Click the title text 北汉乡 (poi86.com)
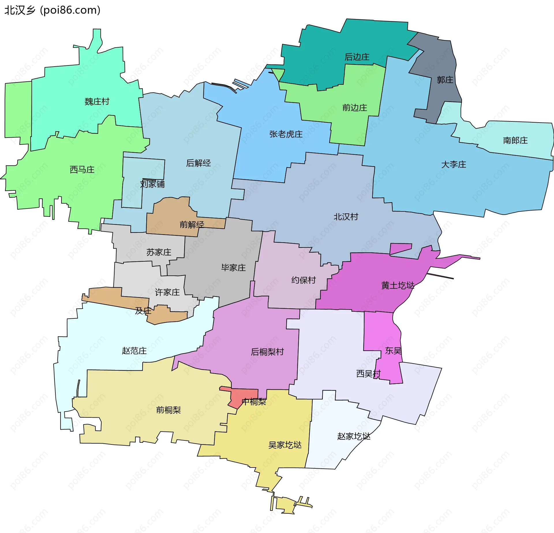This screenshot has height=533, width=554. (52, 10)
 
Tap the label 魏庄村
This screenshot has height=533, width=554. (97, 102)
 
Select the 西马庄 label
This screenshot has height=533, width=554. (82, 170)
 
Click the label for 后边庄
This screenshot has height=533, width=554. (357, 57)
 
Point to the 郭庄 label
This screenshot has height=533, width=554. (445, 80)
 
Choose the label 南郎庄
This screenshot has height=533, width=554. (515, 140)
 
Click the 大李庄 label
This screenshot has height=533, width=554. (454, 165)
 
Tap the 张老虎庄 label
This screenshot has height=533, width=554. (286, 134)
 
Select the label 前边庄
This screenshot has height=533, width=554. (355, 108)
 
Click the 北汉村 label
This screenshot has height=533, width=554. (346, 217)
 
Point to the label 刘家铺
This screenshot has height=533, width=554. (152, 184)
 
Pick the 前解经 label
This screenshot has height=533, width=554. (192, 225)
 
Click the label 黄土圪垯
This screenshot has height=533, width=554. (398, 286)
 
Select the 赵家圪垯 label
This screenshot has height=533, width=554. (354, 436)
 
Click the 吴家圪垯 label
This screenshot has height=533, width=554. (285, 445)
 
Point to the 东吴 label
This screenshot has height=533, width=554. (393, 351)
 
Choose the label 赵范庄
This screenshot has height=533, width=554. (134, 351)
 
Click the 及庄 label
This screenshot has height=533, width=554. (143, 311)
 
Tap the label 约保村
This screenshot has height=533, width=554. (304, 280)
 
